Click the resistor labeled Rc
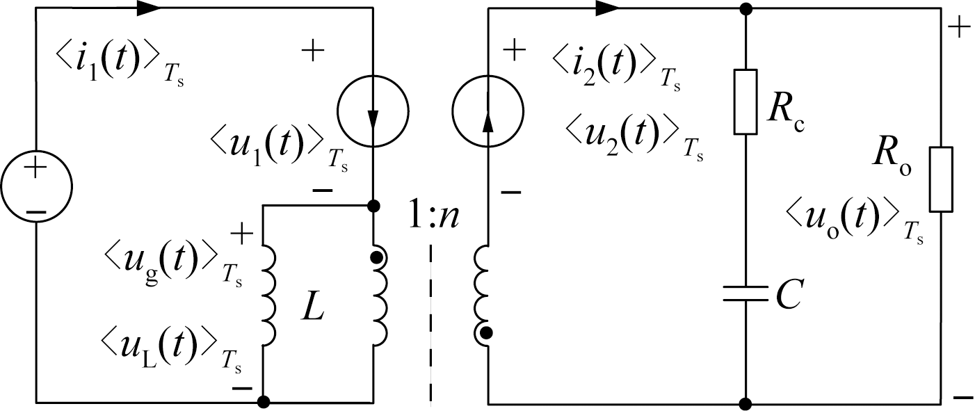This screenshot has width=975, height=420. [x=745, y=102]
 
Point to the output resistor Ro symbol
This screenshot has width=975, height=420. [x=941, y=179]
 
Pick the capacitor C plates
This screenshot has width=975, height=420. [x=745, y=293]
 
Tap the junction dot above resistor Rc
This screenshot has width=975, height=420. [x=745, y=9]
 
